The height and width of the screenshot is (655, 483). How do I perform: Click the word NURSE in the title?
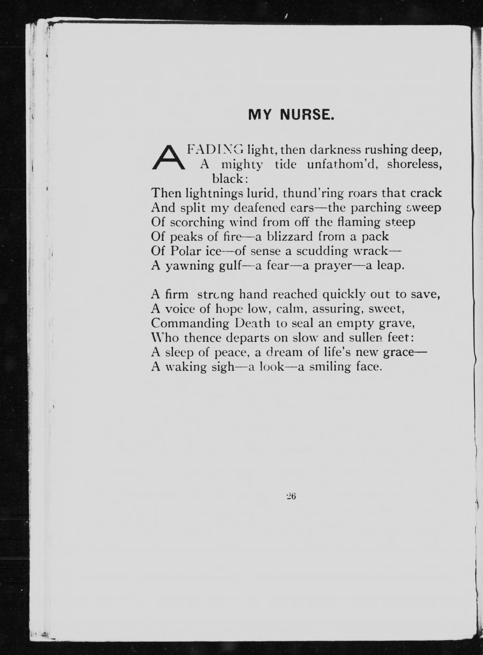coord(306,115)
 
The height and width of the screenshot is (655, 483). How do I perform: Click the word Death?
coord(253,323)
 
